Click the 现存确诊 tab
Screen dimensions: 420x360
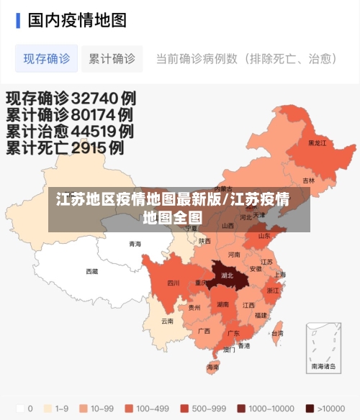click(x=47, y=59)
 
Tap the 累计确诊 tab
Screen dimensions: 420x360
click(x=112, y=59)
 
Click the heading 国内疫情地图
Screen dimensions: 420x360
click(x=77, y=20)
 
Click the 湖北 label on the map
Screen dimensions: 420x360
click(x=228, y=275)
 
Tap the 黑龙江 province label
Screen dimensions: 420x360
click(x=317, y=143)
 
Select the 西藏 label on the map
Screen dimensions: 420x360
click(x=92, y=271)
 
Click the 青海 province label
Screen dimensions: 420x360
click(x=135, y=245)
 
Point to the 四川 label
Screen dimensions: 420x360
click(x=174, y=283)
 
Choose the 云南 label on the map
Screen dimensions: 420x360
click(x=167, y=321)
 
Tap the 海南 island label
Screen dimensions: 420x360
click(x=213, y=367)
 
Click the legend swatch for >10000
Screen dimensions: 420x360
click(x=310, y=408)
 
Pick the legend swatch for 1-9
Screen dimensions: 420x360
click(x=49, y=408)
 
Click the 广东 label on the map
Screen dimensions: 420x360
click(x=233, y=334)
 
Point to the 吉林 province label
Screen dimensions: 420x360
click(x=308, y=181)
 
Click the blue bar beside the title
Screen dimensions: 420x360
click(x=18, y=20)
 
